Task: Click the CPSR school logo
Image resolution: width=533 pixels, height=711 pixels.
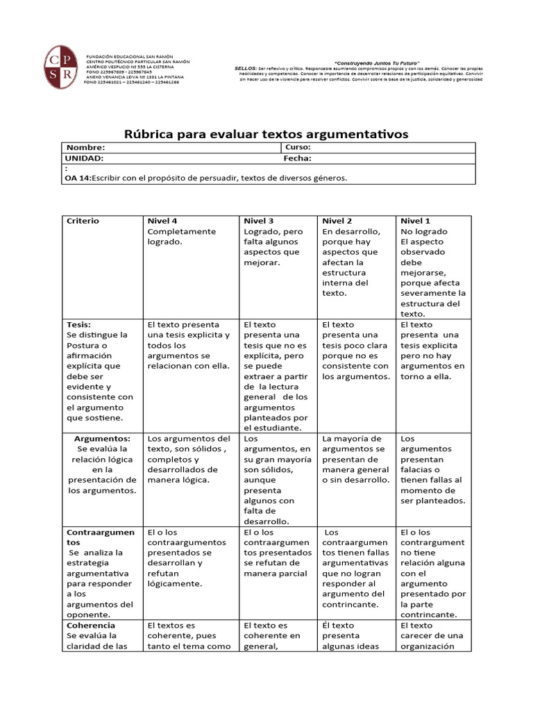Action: pyautogui.click(x=60, y=68)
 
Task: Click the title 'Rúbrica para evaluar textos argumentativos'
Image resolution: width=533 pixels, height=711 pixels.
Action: pyautogui.click(x=266, y=133)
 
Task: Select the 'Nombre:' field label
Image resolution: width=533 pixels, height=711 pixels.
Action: pyautogui.click(x=85, y=148)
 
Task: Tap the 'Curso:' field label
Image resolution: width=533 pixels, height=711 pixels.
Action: pyautogui.click(x=298, y=147)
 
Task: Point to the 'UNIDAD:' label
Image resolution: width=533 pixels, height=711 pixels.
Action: pyautogui.click(x=84, y=158)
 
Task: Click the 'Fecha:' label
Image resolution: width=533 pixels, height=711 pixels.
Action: pyautogui.click(x=297, y=158)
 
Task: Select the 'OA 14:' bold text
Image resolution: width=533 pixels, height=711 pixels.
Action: pyautogui.click(x=77, y=178)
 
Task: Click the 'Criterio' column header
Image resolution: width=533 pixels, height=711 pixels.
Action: pyautogui.click(x=83, y=221)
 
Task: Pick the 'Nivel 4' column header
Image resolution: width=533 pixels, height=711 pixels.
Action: pyautogui.click(x=162, y=221)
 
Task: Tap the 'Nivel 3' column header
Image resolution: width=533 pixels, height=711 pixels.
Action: pyautogui.click(x=258, y=221)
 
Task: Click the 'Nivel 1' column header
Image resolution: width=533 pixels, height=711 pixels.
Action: pyautogui.click(x=415, y=221)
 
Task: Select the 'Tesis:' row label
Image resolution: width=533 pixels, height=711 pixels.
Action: pyautogui.click(x=78, y=324)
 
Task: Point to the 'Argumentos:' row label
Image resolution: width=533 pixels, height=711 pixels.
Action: pyautogui.click(x=102, y=439)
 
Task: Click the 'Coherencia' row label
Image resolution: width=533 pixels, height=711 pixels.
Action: pyautogui.click(x=91, y=625)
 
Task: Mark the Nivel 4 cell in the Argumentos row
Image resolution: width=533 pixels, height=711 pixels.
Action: pyautogui.click(x=189, y=459)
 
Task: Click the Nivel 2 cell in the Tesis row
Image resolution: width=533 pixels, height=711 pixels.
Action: pyautogui.click(x=355, y=351)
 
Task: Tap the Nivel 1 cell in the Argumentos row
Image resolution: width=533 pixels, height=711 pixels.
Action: pyautogui.click(x=432, y=469)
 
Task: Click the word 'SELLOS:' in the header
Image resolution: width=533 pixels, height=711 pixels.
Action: pyautogui.click(x=246, y=69)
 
